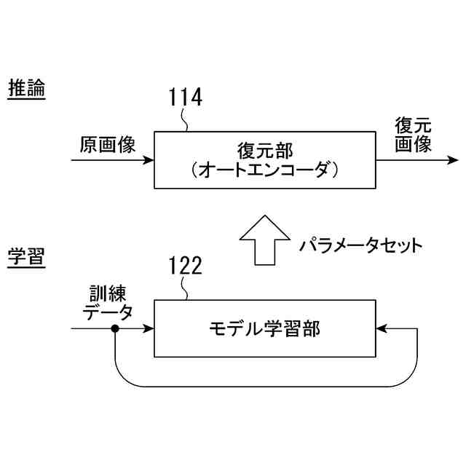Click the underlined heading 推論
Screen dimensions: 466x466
pos(26,90)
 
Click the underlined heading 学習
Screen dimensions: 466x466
pos(26,256)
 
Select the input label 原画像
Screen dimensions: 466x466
pos(108,145)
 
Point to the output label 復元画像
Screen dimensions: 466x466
pos(413,134)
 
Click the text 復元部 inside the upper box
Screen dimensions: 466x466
pos(265,151)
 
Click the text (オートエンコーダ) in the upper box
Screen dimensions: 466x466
pos(265,170)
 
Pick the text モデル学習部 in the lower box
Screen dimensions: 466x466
pos(264,328)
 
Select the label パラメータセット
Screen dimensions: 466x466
pos(360,245)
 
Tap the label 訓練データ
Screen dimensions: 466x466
pos(107,304)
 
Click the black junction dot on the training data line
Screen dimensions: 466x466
pos(115,329)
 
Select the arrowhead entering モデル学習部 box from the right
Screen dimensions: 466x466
pos(381,329)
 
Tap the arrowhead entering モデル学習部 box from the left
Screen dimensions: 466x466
pos(149,329)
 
